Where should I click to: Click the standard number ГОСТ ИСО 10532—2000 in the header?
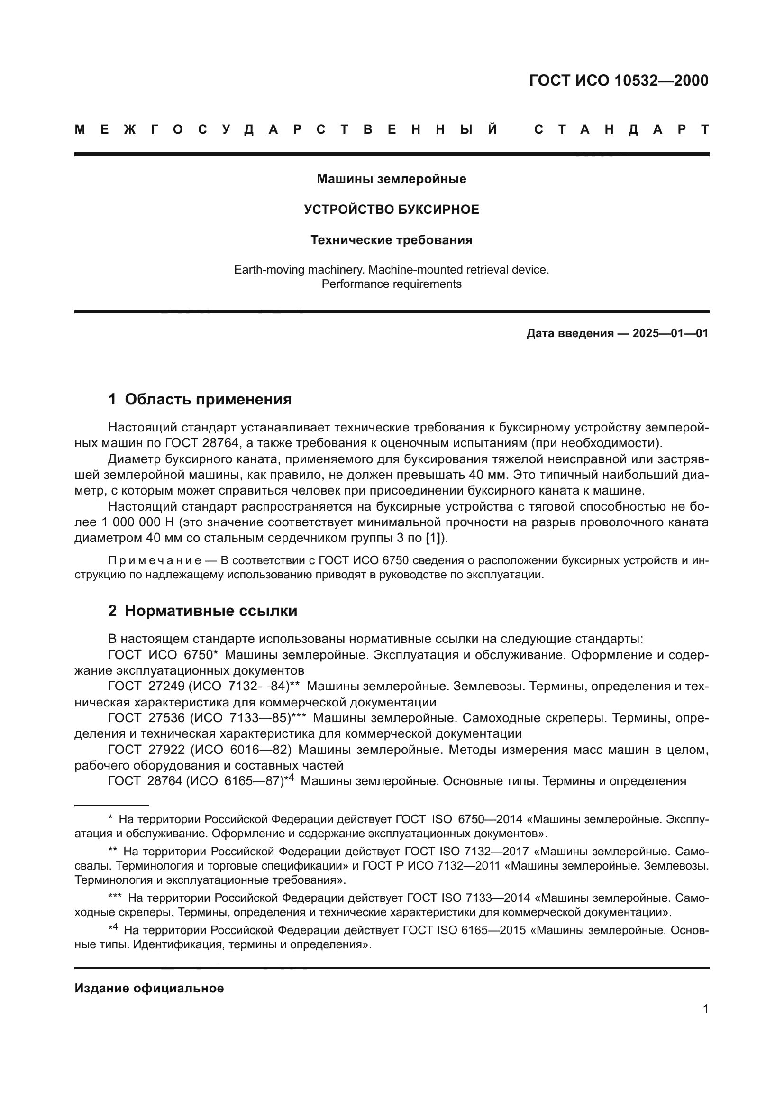click(619, 81)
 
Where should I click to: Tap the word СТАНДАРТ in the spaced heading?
click(621, 130)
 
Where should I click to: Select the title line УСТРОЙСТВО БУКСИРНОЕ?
click(392, 210)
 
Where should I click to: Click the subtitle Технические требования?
click(392, 240)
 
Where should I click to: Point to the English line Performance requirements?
click(392, 284)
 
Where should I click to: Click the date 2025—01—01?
click(671, 333)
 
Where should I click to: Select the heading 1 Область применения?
click(201, 399)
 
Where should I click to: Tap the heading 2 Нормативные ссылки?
click(203, 611)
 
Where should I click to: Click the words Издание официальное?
click(149, 988)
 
